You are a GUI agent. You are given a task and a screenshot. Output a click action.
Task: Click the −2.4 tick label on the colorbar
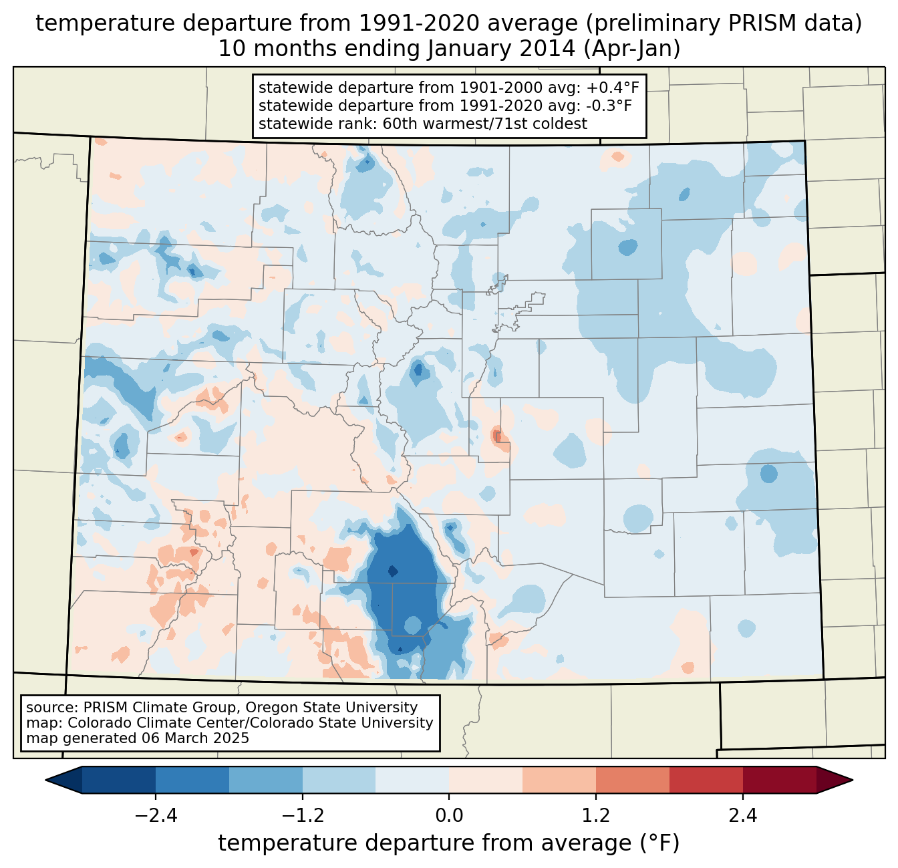click(156, 816)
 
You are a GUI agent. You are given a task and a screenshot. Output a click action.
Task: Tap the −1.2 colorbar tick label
click(302, 816)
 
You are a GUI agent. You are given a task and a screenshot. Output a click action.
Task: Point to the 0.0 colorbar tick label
click(449, 816)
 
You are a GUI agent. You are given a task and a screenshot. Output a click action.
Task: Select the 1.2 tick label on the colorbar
click(596, 816)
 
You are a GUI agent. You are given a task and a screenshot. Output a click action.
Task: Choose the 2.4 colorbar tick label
click(742, 816)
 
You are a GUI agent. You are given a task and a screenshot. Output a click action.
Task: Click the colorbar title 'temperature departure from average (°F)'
click(448, 843)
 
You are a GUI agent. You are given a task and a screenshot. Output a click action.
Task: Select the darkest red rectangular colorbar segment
click(779, 780)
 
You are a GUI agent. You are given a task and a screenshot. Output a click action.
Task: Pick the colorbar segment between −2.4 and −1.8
click(192, 780)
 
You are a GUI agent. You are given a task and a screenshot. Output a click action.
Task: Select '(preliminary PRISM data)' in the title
click(722, 23)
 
